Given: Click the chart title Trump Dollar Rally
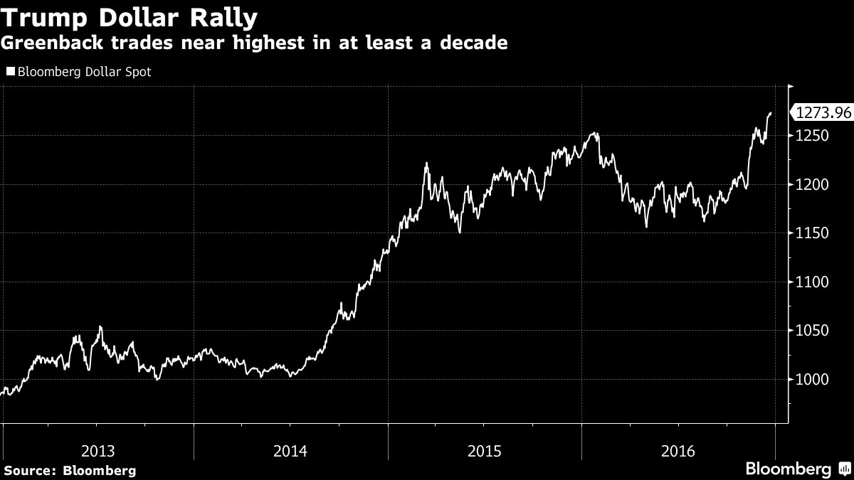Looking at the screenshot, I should [x=130, y=16].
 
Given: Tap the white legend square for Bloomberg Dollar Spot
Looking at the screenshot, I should [x=10, y=72].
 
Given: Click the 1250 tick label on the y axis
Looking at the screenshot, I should [x=813, y=137].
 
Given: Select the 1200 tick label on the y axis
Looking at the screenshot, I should [x=813, y=185].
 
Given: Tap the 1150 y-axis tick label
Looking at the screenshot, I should [x=813, y=234].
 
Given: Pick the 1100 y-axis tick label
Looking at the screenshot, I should [x=813, y=282].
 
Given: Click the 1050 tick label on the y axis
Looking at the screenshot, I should [x=813, y=331].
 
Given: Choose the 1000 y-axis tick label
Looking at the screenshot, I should [x=813, y=380].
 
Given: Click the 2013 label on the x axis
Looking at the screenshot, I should [x=97, y=450].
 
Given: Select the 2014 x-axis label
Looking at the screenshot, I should [x=290, y=450].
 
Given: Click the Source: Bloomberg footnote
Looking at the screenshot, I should [x=70, y=470].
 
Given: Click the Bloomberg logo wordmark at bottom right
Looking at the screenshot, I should [x=788, y=469].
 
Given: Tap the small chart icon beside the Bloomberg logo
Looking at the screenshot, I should [x=843, y=469].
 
